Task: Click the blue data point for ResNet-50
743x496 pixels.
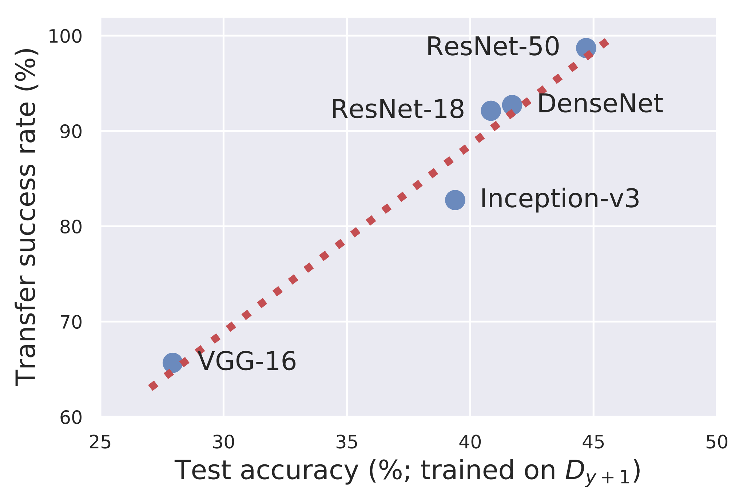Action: tap(586, 48)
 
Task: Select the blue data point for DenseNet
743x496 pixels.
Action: tap(512, 105)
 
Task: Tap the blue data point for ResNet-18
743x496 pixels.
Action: tap(490, 111)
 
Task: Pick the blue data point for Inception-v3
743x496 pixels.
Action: tap(455, 200)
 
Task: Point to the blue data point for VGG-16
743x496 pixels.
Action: tap(172, 363)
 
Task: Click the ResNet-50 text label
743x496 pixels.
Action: tap(493, 47)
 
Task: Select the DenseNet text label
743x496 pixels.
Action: tap(600, 104)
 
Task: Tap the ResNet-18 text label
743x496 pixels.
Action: tap(397, 109)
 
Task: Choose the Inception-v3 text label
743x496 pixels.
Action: tap(560, 199)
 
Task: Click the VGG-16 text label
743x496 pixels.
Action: tap(247, 361)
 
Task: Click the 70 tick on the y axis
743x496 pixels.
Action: tap(71, 322)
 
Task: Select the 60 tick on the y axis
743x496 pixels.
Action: tap(71, 417)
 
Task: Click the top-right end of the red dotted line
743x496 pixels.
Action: tap(605, 43)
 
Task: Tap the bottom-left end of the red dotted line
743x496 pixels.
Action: tap(153, 386)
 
